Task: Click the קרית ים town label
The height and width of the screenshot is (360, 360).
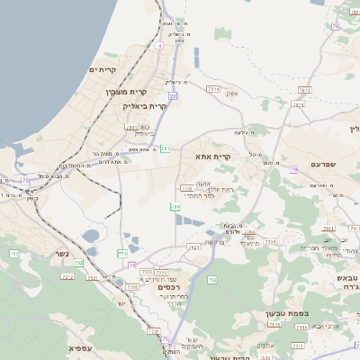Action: tap(104, 69)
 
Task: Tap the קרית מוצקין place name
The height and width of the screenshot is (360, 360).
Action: tap(125, 92)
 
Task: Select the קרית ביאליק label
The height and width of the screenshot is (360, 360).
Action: tap(145, 105)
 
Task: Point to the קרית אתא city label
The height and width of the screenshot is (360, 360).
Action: tap(213, 156)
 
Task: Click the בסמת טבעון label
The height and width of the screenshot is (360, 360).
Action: tap(286, 313)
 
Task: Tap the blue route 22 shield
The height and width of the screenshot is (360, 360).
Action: tap(172, 94)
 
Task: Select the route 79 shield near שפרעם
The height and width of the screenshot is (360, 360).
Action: tap(293, 169)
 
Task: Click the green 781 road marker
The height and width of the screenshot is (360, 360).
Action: tap(165, 148)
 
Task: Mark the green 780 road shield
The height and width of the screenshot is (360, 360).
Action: tap(176, 206)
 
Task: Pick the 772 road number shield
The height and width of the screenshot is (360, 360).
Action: tap(121, 255)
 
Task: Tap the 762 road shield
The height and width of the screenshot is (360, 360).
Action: tap(212, 280)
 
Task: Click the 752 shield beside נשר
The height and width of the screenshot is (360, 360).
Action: tap(80, 263)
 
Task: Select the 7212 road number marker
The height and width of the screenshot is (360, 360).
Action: tap(67, 277)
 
